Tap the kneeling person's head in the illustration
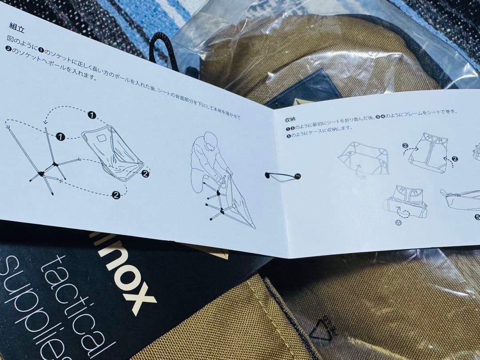pos(211,142)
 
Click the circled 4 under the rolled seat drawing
pos(398,223)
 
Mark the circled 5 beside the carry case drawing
pos(477,217)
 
